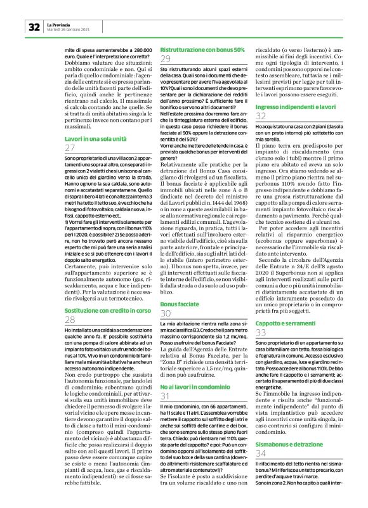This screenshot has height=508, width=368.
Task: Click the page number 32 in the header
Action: pos(33,27)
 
